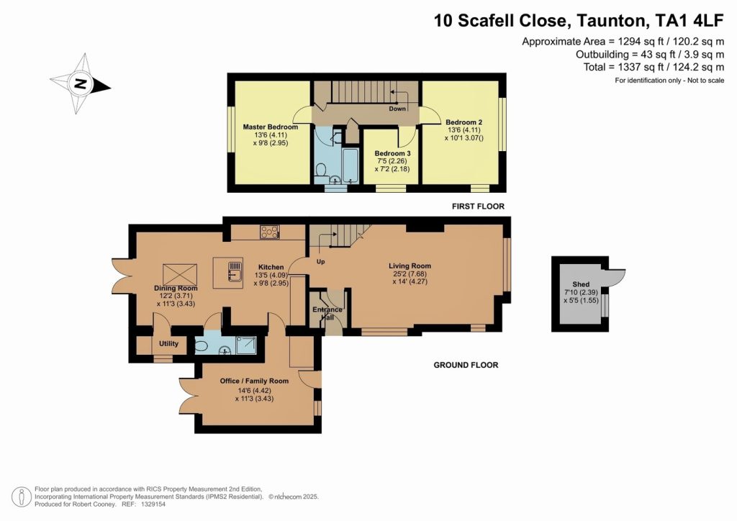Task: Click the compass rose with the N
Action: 81,84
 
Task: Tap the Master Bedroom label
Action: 271,127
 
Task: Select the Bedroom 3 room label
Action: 392,153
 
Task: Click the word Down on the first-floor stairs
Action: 397,109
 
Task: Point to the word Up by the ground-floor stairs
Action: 320,262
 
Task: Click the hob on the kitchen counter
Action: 270,232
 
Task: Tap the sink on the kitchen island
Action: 235,271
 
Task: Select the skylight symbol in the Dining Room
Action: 180,274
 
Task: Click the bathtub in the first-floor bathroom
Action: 351,166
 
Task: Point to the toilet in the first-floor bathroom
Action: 322,170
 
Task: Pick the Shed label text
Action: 581,284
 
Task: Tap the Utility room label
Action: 168,343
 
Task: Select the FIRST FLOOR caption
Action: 478,207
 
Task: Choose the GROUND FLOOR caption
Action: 466,365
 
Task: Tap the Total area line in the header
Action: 654,67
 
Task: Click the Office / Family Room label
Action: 254,381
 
